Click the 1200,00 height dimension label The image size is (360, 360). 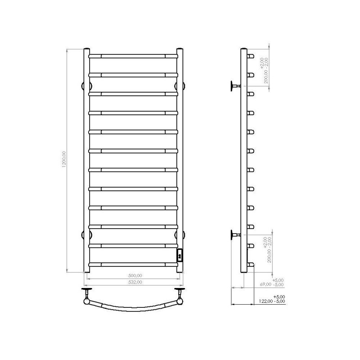click(x=64, y=159)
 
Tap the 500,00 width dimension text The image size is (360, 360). click(x=135, y=275)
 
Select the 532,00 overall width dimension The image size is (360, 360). click(x=135, y=282)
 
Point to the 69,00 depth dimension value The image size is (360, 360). click(x=265, y=284)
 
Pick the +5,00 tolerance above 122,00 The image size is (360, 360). click(x=279, y=297)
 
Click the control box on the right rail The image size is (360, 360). click(x=180, y=255)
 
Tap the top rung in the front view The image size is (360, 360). click(x=133, y=56)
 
